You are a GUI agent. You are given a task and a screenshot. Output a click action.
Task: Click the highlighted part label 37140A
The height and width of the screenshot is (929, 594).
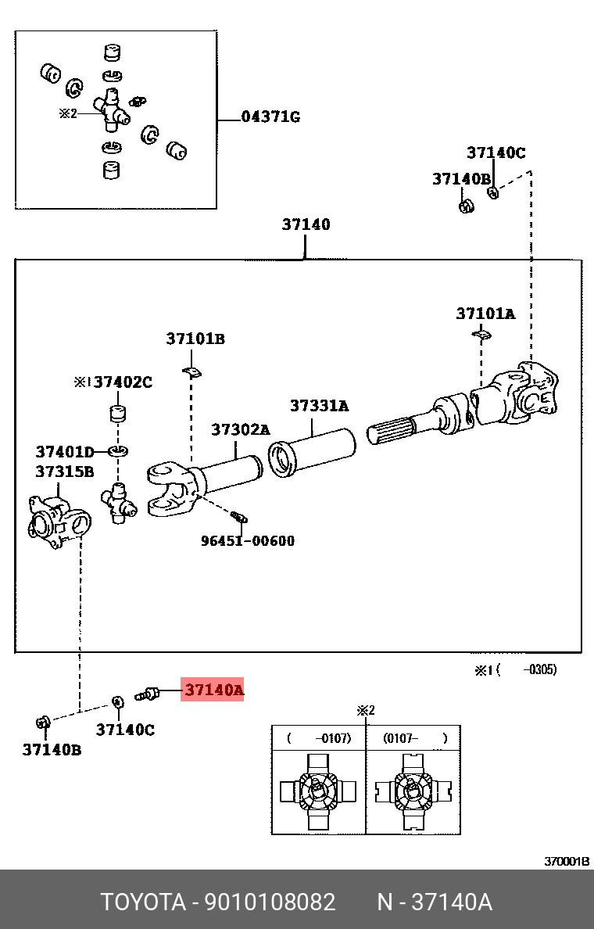[x=213, y=690]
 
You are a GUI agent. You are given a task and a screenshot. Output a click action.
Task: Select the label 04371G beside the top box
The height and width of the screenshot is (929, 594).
[x=270, y=118]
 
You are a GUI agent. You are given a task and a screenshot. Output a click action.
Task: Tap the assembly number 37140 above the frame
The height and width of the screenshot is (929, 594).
[x=306, y=225]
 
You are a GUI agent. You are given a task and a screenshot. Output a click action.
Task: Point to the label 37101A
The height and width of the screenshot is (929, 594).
[x=485, y=314]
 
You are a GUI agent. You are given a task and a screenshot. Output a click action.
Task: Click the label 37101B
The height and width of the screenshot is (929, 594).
[x=195, y=339]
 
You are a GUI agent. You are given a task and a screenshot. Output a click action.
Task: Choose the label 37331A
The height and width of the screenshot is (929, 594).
[x=319, y=406]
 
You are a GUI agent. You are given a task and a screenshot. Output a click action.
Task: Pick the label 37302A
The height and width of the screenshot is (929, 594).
[x=240, y=430]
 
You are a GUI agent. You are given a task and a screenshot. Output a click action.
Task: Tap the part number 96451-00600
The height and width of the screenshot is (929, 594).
[x=248, y=540]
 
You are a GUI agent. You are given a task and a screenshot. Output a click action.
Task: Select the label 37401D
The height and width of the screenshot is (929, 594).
[x=64, y=451]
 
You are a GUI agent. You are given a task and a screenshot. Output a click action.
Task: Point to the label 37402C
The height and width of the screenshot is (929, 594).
[x=123, y=382]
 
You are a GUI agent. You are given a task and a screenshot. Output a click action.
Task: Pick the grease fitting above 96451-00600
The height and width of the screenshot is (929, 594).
[x=239, y=516]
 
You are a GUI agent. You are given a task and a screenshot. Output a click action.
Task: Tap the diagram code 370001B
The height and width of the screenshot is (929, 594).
[x=567, y=862]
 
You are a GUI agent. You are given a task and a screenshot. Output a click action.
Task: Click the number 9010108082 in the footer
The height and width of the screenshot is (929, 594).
[x=270, y=902]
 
